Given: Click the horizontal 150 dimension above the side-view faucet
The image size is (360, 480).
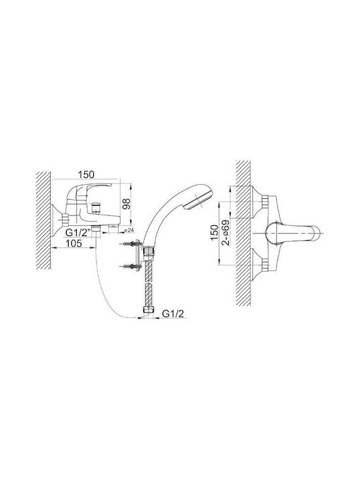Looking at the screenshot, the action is pos(86,175).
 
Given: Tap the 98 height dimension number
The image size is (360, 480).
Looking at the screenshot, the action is pos(127,204).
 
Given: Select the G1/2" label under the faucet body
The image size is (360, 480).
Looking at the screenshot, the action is pos(79,233).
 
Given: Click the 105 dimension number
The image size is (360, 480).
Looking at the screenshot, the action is pos(73,243).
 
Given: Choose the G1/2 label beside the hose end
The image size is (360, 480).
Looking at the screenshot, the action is pos(173,314).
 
